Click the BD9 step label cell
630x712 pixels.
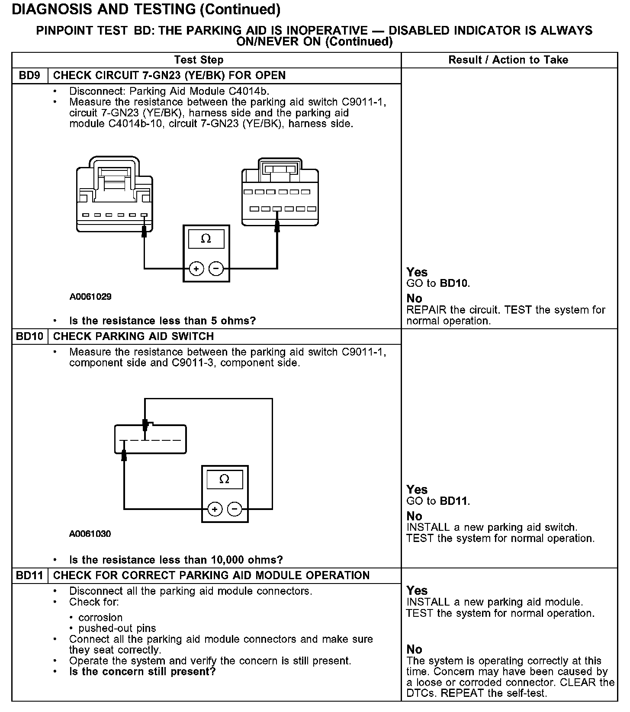29,76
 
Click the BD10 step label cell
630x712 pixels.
29,337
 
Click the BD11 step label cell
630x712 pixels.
29,576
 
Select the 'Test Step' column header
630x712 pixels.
199,60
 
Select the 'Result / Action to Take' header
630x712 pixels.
508,60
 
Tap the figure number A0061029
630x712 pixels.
90,297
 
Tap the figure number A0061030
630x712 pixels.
90,534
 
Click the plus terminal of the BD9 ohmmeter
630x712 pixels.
196,269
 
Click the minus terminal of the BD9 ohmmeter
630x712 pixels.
216,269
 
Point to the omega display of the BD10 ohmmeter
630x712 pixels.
224,479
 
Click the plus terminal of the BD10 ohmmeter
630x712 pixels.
215,509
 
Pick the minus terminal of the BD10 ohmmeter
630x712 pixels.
235,509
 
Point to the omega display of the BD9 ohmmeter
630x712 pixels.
206,239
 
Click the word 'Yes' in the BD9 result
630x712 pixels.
417,273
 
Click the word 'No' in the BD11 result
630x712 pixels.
414,649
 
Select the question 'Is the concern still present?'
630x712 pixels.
142,672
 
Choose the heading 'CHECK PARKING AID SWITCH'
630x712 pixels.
133,337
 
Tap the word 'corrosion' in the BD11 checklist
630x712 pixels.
100,618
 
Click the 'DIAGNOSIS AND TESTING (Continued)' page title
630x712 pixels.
146,10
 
